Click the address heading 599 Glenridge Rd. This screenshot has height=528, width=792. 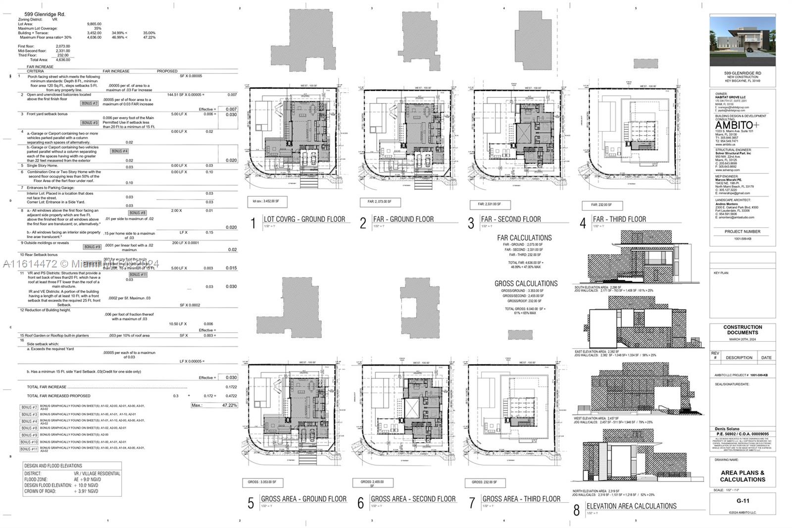tap(45, 14)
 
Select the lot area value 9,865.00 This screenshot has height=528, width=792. tap(94, 24)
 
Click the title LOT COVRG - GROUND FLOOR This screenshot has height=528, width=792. tap(304, 219)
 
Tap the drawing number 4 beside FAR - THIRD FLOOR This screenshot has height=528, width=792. tap(583, 223)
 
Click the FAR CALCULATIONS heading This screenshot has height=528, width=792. tap(524, 238)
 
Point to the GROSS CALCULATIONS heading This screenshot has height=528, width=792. tap(526, 284)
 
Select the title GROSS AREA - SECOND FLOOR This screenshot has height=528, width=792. tap(413, 499)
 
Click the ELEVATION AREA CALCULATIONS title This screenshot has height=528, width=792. tap(631, 506)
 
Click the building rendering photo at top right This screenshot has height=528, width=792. tap(742, 41)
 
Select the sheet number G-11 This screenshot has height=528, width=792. tap(742, 501)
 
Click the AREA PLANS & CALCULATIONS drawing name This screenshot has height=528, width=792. tap(742, 476)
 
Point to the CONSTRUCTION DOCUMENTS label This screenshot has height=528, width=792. tap(742, 330)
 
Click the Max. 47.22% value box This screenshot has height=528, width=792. tap(215, 405)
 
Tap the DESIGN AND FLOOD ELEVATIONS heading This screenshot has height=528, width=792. tap(53, 466)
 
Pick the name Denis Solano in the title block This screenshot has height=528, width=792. tap(727, 429)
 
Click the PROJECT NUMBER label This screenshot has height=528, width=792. tap(742, 231)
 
